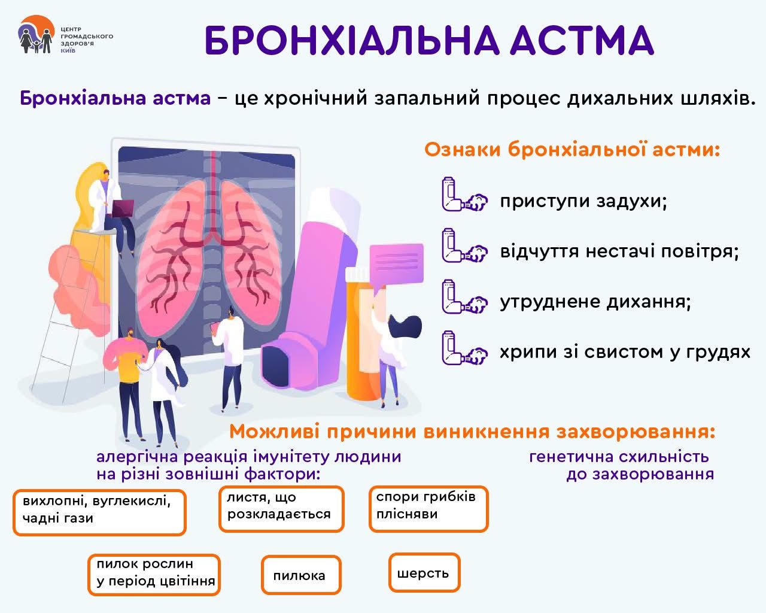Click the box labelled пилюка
pos(301,575)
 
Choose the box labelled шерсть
pos(424,573)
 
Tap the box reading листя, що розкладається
pos(281,509)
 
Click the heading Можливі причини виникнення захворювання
pos(472,432)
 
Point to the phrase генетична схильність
pos(619,457)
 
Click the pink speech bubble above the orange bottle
pos(396,264)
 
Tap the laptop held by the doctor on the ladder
pos(123,208)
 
